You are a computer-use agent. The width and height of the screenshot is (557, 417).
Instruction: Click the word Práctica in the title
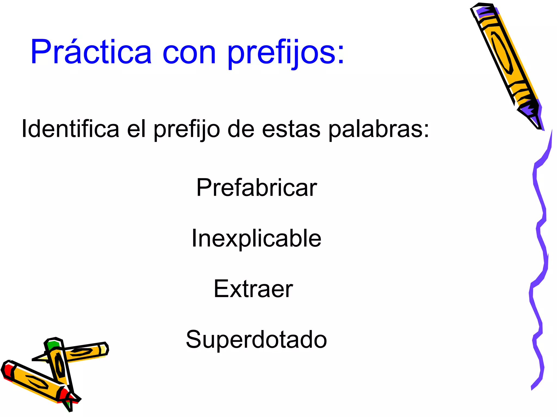[91, 52]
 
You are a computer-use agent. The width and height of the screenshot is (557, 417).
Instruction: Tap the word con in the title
[189, 52]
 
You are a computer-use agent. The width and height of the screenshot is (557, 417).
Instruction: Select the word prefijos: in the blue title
[286, 53]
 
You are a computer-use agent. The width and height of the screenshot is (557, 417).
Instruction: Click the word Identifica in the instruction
[70, 129]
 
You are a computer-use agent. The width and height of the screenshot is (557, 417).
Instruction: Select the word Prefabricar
[256, 188]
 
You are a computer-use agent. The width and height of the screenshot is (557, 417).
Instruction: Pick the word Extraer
[253, 289]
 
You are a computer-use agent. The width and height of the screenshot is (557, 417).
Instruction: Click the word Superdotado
[256, 339]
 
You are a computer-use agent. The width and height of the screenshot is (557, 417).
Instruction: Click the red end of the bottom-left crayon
[7, 370]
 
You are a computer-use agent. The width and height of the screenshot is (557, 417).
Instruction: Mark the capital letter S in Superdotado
[193, 339]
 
